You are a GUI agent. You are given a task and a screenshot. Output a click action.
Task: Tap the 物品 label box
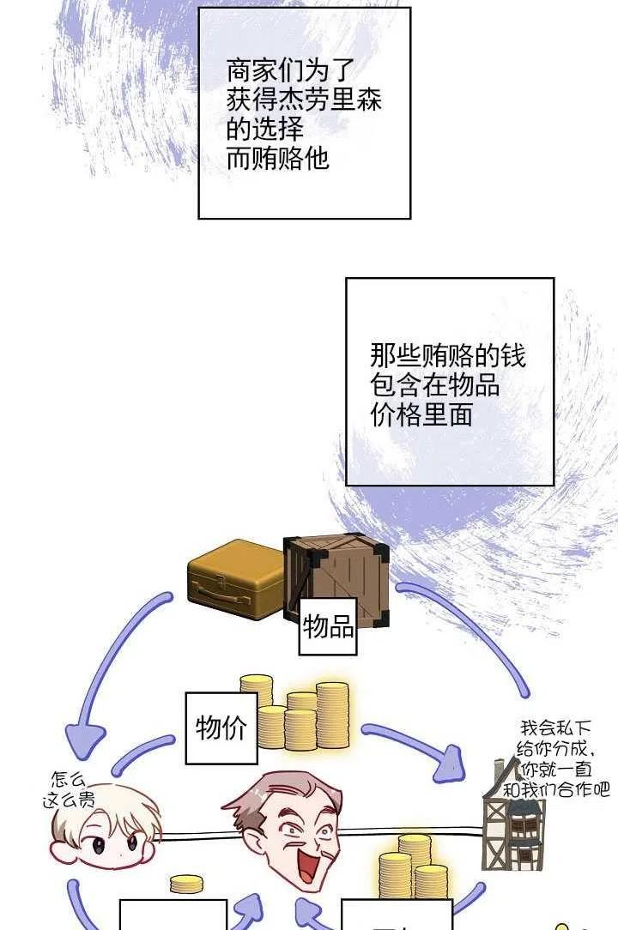tap(328, 626)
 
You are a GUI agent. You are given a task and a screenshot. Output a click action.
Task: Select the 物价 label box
tap(221, 728)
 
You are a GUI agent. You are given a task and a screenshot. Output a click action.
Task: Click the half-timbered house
tap(513, 824)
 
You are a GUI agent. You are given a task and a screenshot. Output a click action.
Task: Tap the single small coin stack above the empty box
tap(186, 884)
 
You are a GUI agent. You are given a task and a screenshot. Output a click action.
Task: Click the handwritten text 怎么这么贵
tap(69, 790)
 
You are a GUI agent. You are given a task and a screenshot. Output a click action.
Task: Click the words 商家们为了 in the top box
tap(290, 71)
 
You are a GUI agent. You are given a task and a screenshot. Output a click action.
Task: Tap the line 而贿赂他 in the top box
tap(278, 159)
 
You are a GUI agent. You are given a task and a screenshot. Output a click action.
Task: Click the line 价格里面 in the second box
tap(421, 414)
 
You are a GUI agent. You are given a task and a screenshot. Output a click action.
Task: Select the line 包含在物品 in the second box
tap(434, 385)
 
